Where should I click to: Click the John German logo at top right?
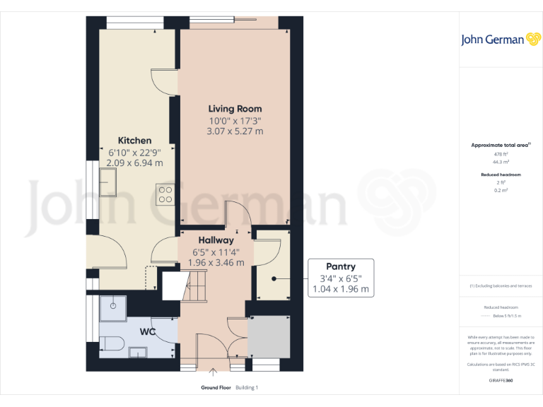point(501,40)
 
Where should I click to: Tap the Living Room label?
point(235,109)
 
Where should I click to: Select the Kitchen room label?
point(134,141)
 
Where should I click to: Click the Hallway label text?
point(216,240)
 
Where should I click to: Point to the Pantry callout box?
point(340,278)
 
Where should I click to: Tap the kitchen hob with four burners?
point(166,194)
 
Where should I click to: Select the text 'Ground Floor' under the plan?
point(216,388)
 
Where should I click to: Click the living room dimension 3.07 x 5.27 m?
point(235,131)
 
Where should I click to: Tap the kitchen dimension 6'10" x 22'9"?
point(134,152)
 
